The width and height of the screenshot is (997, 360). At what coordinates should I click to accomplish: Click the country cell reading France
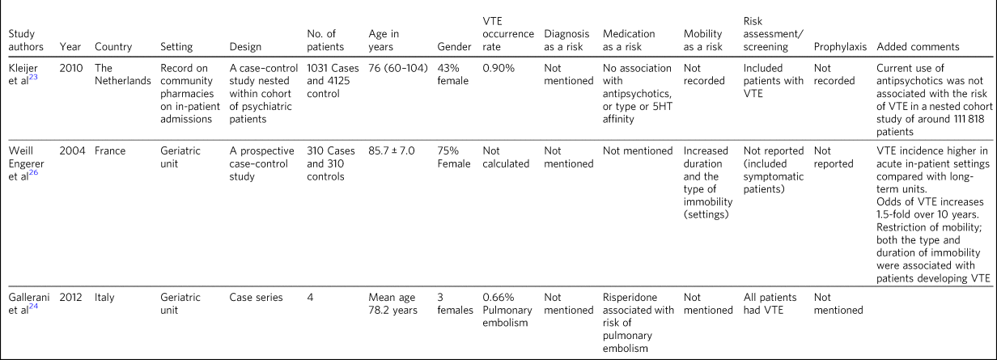[x=111, y=150]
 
